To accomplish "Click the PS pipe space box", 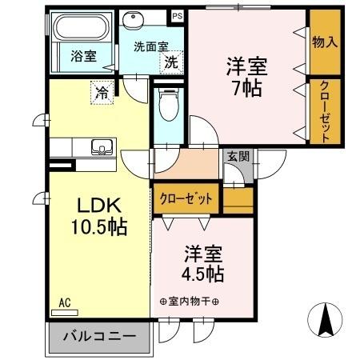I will (x=177, y=14).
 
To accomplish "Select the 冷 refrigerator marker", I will (x=102, y=92).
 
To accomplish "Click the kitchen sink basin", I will (x=101, y=147).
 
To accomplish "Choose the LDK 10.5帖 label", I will (x=96, y=214).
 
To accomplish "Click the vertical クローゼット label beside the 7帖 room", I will (x=325, y=112).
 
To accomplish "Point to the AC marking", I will (x=66, y=303).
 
